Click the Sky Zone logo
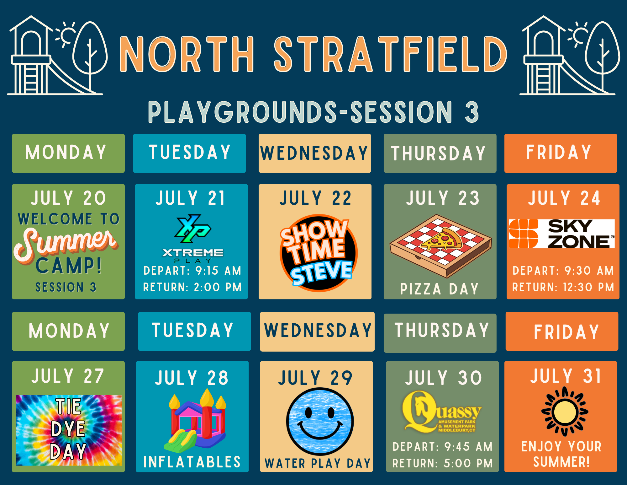pos(562,234)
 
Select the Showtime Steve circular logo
pos(318,253)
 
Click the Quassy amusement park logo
pos(442,412)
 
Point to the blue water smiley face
pos(320,421)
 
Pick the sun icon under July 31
pos(565,412)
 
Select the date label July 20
pos(68,198)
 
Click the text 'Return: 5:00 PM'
pos(442,463)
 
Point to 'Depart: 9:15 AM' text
pos(192,271)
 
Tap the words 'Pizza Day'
pos(439,289)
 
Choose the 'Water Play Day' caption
pos(318,463)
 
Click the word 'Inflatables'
pos(192,462)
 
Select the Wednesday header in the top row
pos(315,153)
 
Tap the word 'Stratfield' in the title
pos(390,54)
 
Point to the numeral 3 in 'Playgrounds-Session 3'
pos(472,112)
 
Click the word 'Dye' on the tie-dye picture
pos(68,429)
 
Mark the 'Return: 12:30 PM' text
pos(563,287)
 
